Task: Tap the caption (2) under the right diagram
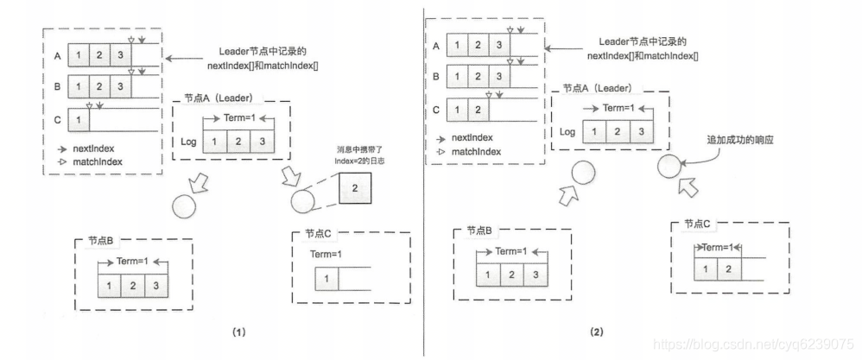596,331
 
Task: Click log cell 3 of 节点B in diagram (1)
155,285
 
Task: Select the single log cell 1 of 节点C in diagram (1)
326,279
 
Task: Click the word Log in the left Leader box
189,140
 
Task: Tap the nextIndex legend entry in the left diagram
93,148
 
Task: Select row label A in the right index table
436,47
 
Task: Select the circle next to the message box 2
304,202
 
